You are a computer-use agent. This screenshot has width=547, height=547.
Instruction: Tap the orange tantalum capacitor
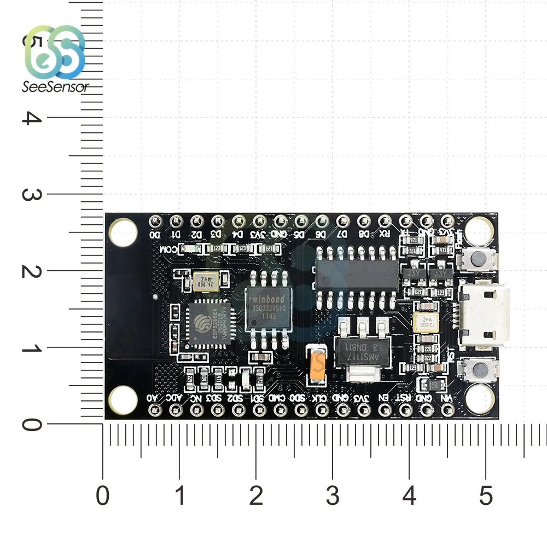click(x=316, y=363)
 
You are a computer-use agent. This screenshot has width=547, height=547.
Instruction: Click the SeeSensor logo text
click(x=55, y=86)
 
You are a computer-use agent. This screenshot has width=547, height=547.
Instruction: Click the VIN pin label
click(x=447, y=397)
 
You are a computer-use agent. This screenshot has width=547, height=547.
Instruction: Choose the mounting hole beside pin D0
click(x=124, y=231)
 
